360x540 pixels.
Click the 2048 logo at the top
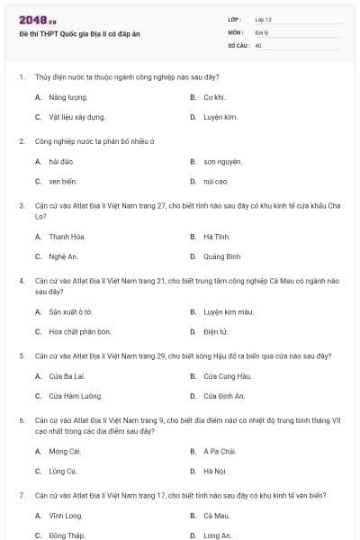[38, 20]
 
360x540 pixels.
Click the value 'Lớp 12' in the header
[263, 19]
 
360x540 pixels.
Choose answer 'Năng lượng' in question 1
[67, 96]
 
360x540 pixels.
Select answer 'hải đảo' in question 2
[61, 161]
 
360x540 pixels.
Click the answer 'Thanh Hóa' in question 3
[67, 236]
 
